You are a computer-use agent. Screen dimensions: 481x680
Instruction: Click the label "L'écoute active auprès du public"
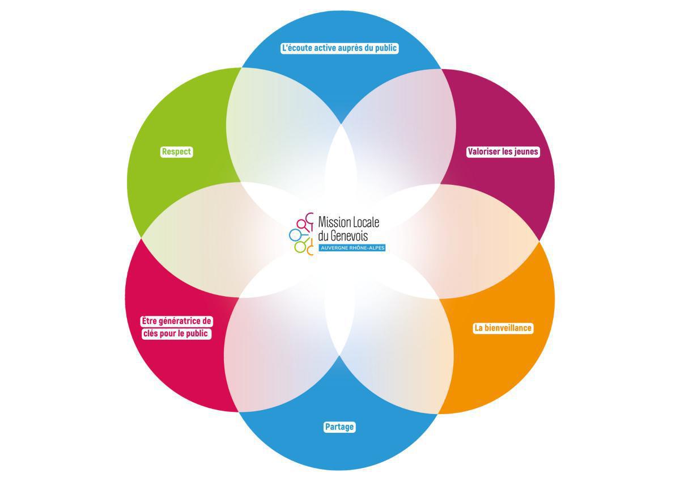click(339, 48)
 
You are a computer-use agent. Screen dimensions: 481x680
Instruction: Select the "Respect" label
click(176, 151)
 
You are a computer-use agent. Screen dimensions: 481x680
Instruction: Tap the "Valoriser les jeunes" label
click(503, 151)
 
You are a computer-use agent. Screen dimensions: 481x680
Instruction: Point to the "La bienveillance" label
click(503, 328)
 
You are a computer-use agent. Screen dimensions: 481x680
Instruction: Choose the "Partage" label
click(339, 427)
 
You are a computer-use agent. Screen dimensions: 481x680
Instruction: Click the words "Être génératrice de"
click(176, 321)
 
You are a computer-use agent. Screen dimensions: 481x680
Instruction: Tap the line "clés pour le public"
click(176, 334)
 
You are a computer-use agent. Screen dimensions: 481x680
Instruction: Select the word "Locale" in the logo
click(366, 222)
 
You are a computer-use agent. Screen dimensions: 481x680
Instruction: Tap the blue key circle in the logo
click(294, 235)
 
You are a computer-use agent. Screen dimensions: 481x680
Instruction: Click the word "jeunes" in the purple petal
click(526, 151)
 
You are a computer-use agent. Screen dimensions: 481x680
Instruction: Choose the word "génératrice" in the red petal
click(179, 321)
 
